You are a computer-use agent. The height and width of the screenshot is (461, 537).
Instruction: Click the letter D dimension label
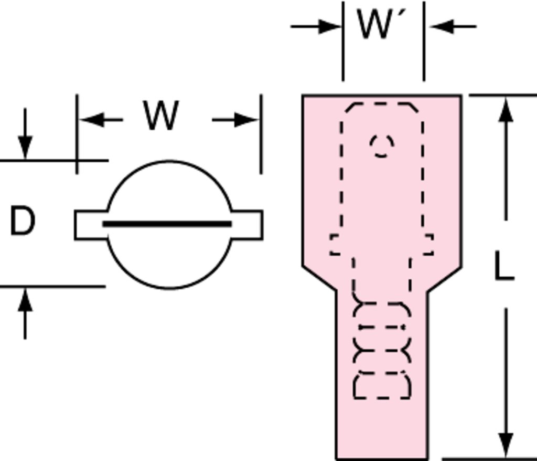tap(23, 221)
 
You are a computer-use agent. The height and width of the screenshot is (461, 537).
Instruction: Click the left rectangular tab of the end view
tap(90, 225)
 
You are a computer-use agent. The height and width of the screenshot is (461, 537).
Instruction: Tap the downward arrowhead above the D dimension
tap(25, 147)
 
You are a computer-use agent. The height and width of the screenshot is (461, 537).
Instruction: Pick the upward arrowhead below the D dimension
tap(25, 300)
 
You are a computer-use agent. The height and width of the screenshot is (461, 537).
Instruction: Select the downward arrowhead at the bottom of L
tap(505, 445)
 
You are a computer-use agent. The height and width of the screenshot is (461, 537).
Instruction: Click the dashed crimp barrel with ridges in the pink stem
tap(382, 349)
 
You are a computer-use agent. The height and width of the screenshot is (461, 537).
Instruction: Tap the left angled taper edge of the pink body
tap(319, 278)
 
